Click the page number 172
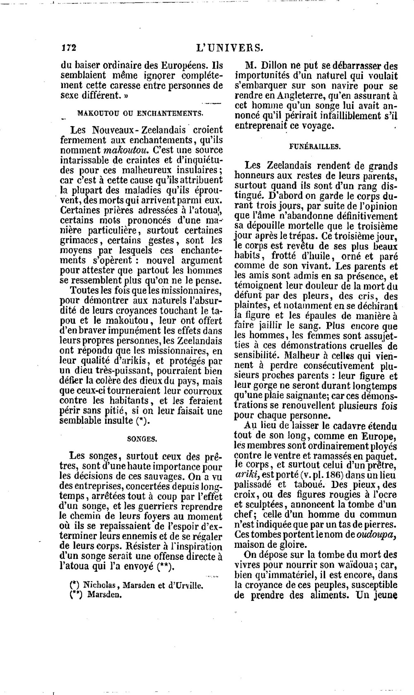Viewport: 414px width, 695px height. click(x=69, y=48)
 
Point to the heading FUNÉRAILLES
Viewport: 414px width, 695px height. click(x=314, y=146)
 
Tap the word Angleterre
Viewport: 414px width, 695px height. click(x=295, y=96)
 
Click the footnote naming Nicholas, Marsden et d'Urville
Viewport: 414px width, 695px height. click(x=137, y=585)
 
